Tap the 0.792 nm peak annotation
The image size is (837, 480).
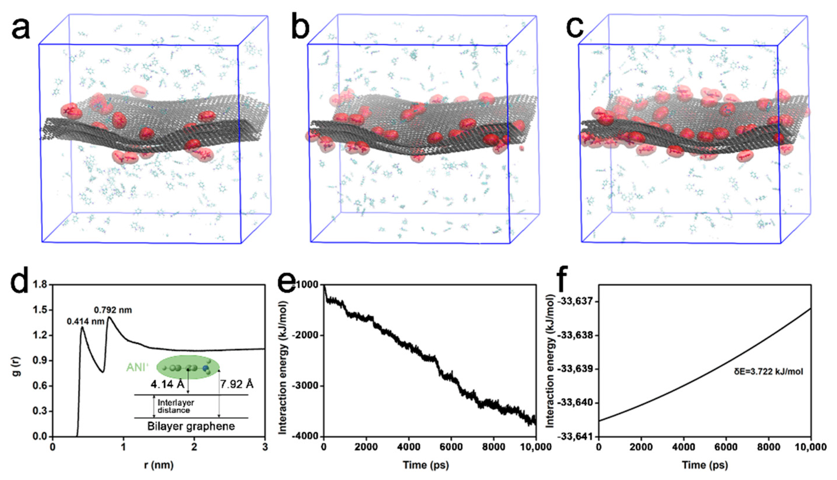pyautogui.click(x=113, y=310)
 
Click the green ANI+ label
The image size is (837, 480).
pyautogui.click(x=137, y=367)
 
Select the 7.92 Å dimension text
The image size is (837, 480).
pyautogui.click(x=237, y=384)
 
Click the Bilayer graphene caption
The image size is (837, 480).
pyautogui.click(x=191, y=426)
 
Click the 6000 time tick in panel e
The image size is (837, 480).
pyautogui.click(x=451, y=447)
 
